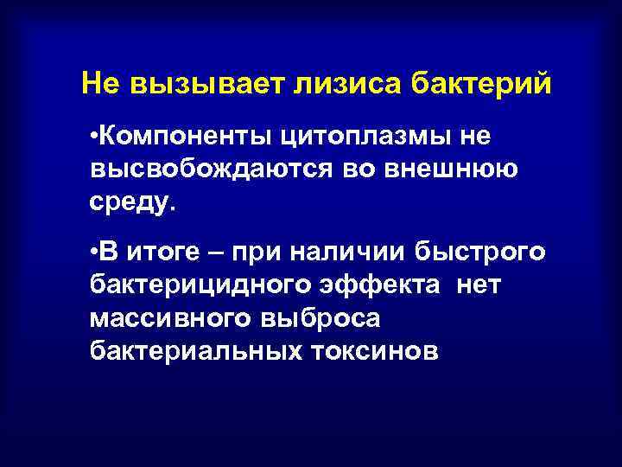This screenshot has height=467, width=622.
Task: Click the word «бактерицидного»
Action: [185, 285]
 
